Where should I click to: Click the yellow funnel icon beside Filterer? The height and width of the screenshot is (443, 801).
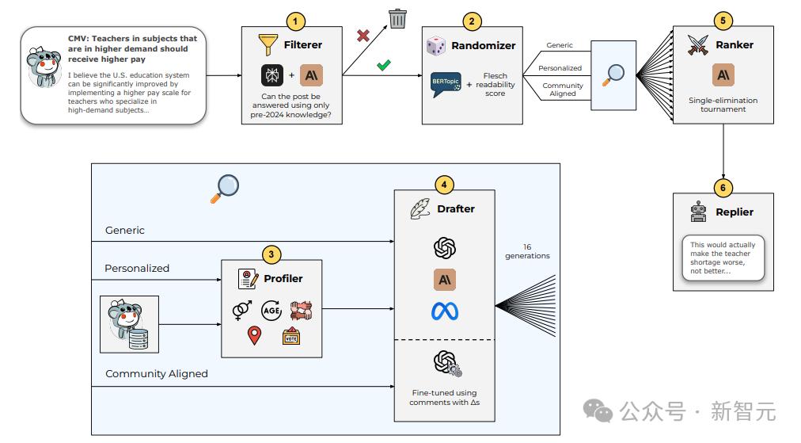click(x=268, y=44)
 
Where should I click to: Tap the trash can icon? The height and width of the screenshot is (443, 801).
click(x=397, y=18)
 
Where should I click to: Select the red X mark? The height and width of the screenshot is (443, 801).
click(x=363, y=36)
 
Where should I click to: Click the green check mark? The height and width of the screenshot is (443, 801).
click(x=384, y=65)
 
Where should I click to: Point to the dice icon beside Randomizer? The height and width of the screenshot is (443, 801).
click(x=436, y=45)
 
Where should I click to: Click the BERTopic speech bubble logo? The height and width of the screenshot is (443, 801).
click(x=446, y=84)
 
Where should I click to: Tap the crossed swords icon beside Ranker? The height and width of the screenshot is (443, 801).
click(x=698, y=44)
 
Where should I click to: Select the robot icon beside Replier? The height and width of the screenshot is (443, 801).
click(x=698, y=212)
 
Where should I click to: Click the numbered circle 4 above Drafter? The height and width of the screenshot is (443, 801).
click(x=444, y=185)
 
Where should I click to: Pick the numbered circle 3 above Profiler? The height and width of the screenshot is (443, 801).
click(x=271, y=254)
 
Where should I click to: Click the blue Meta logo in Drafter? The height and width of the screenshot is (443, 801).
click(x=445, y=311)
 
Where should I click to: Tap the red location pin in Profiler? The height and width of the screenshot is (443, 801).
click(x=254, y=335)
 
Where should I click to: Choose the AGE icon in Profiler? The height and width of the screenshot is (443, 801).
click(x=271, y=310)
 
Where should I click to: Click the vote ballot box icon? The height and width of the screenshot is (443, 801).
click(x=291, y=335)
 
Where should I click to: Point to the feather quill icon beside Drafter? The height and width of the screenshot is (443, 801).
click(x=420, y=208)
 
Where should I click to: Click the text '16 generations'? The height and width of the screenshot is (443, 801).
click(x=527, y=251)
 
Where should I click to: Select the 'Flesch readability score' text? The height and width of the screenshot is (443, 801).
click(x=495, y=85)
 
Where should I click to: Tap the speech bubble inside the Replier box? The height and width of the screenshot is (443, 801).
click(x=723, y=258)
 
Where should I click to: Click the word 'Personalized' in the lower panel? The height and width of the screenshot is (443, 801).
click(x=137, y=268)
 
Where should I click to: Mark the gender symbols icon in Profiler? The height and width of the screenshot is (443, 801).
click(x=242, y=310)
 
